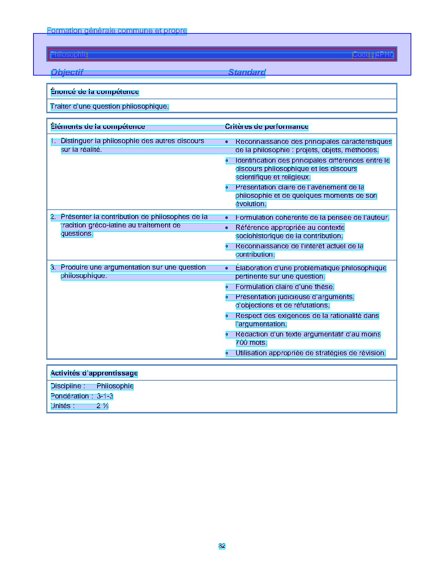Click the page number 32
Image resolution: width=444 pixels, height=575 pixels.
[x=222, y=546]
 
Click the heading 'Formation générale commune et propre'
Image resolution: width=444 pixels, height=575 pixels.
[x=117, y=31]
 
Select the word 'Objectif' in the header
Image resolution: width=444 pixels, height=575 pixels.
[x=67, y=72]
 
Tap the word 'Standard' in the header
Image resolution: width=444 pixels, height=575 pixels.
[x=247, y=72]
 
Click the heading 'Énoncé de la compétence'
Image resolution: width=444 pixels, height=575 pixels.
[x=95, y=92]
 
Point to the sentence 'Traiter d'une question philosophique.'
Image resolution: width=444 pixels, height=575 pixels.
[x=109, y=107]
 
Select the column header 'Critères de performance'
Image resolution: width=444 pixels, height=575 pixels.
[x=266, y=127]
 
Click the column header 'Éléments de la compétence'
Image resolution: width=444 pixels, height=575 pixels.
[x=98, y=127]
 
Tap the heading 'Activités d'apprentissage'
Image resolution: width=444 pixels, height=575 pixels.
[x=94, y=373]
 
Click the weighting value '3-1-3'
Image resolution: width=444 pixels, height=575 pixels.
[x=105, y=396]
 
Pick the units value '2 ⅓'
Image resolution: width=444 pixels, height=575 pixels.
[x=102, y=406]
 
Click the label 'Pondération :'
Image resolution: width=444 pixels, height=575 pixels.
[x=71, y=396]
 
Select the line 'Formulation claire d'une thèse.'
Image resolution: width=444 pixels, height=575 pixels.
[x=285, y=287]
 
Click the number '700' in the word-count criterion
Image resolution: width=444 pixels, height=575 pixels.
[x=241, y=343]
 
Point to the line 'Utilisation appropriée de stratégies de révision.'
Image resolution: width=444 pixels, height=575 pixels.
[x=310, y=353]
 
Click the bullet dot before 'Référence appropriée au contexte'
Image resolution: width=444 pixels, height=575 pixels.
[x=227, y=228]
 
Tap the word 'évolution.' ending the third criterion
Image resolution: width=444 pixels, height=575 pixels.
[x=251, y=204]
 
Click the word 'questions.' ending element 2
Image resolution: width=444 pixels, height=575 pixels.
[x=77, y=234]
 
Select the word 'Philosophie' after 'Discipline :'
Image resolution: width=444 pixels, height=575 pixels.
[x=115, y=386]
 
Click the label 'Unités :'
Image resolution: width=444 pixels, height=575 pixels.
[x=63, y=406]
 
